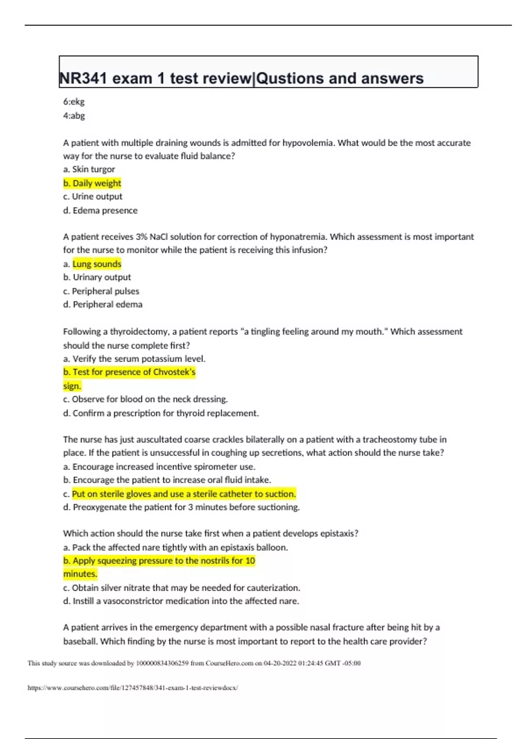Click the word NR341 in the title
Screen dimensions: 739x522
(x=84, y=78)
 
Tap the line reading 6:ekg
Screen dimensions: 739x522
(x=74, y=102)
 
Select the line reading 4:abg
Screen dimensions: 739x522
(x=74, y=116)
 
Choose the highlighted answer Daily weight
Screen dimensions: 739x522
(x=92, y=183)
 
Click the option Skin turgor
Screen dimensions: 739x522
(x=89, y=169)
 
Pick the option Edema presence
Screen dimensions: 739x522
(x=100, y=210)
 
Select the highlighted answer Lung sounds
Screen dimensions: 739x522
(x=97, y=264)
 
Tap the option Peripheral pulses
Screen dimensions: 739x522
(x=101, y=291)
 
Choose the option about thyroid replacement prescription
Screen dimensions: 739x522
(x=161, y=413)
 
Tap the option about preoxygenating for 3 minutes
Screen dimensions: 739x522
(x=181, y=507)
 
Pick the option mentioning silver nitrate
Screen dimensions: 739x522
(x=181, y=588)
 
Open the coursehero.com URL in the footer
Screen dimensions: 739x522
(x=133, y=688)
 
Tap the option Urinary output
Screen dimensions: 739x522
(x=97, y=277)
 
